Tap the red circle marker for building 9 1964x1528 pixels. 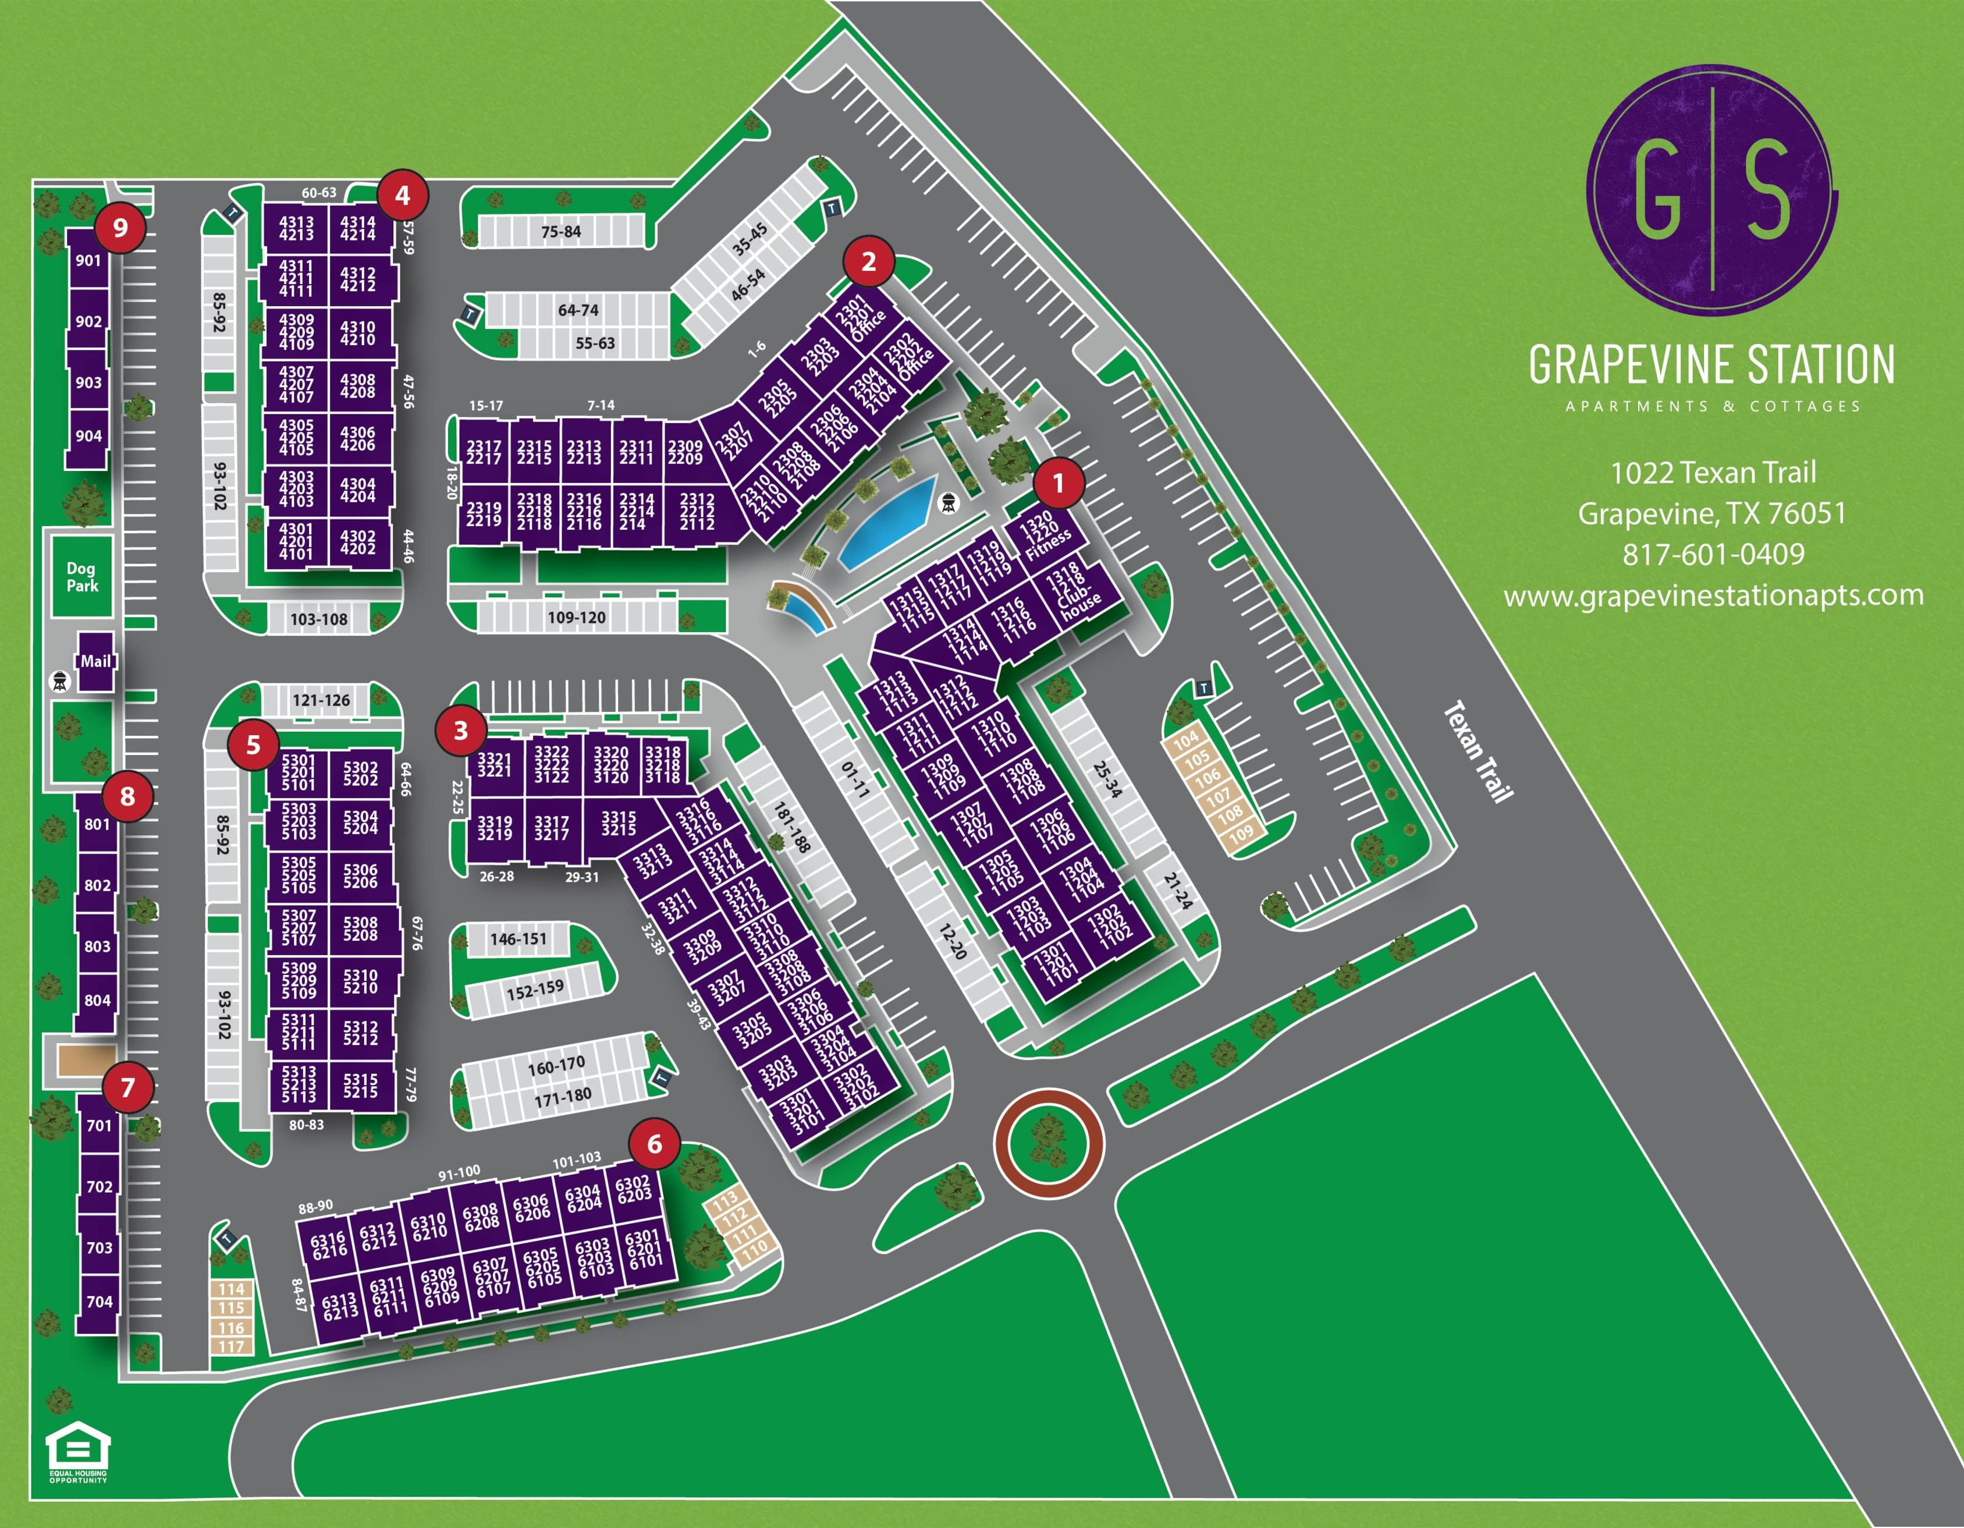120,228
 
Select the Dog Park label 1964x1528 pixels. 81,576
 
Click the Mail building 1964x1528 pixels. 95,661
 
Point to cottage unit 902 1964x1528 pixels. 88,322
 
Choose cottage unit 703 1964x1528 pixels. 99,1247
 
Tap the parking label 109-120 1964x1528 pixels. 577,618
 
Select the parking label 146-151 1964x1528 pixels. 518,939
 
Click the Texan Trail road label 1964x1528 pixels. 1479,751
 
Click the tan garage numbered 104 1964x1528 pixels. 1186,739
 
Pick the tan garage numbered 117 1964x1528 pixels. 231,1346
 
